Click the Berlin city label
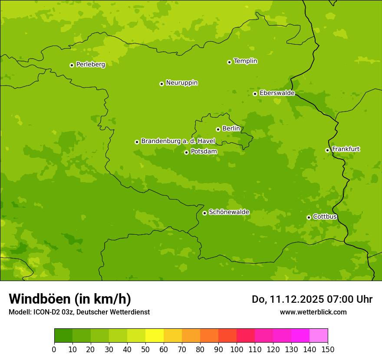tap(231, 129)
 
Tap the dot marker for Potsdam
tap(186, 152)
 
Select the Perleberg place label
tap(90, 65)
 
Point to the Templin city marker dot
tap(229, 62)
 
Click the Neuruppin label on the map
tap(181, 83)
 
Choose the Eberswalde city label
tap(277, 93)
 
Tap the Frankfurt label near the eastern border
tap(346, 149)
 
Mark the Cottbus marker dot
tap(309, 217)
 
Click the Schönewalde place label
tap(229, 212)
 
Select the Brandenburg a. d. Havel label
tap(178, 141)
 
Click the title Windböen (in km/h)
tap(70, 299)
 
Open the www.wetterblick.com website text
tap(313, 312)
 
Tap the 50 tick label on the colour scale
tap(145, 349)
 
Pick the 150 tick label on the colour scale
tap(328, 349)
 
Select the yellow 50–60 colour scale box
tap(155, 336)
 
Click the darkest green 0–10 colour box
tap(63, 336)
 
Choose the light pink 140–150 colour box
tap(319, 336)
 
